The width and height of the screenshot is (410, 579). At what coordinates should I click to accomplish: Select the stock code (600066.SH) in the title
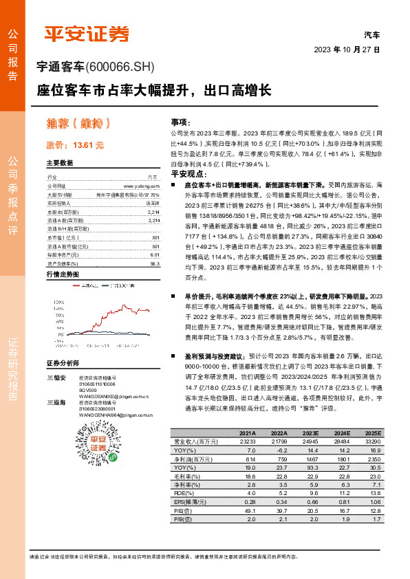[x=122, y=67]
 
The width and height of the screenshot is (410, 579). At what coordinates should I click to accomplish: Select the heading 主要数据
[x=59, y=164]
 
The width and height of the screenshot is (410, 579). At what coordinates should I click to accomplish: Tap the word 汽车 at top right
[x=371, y=34]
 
